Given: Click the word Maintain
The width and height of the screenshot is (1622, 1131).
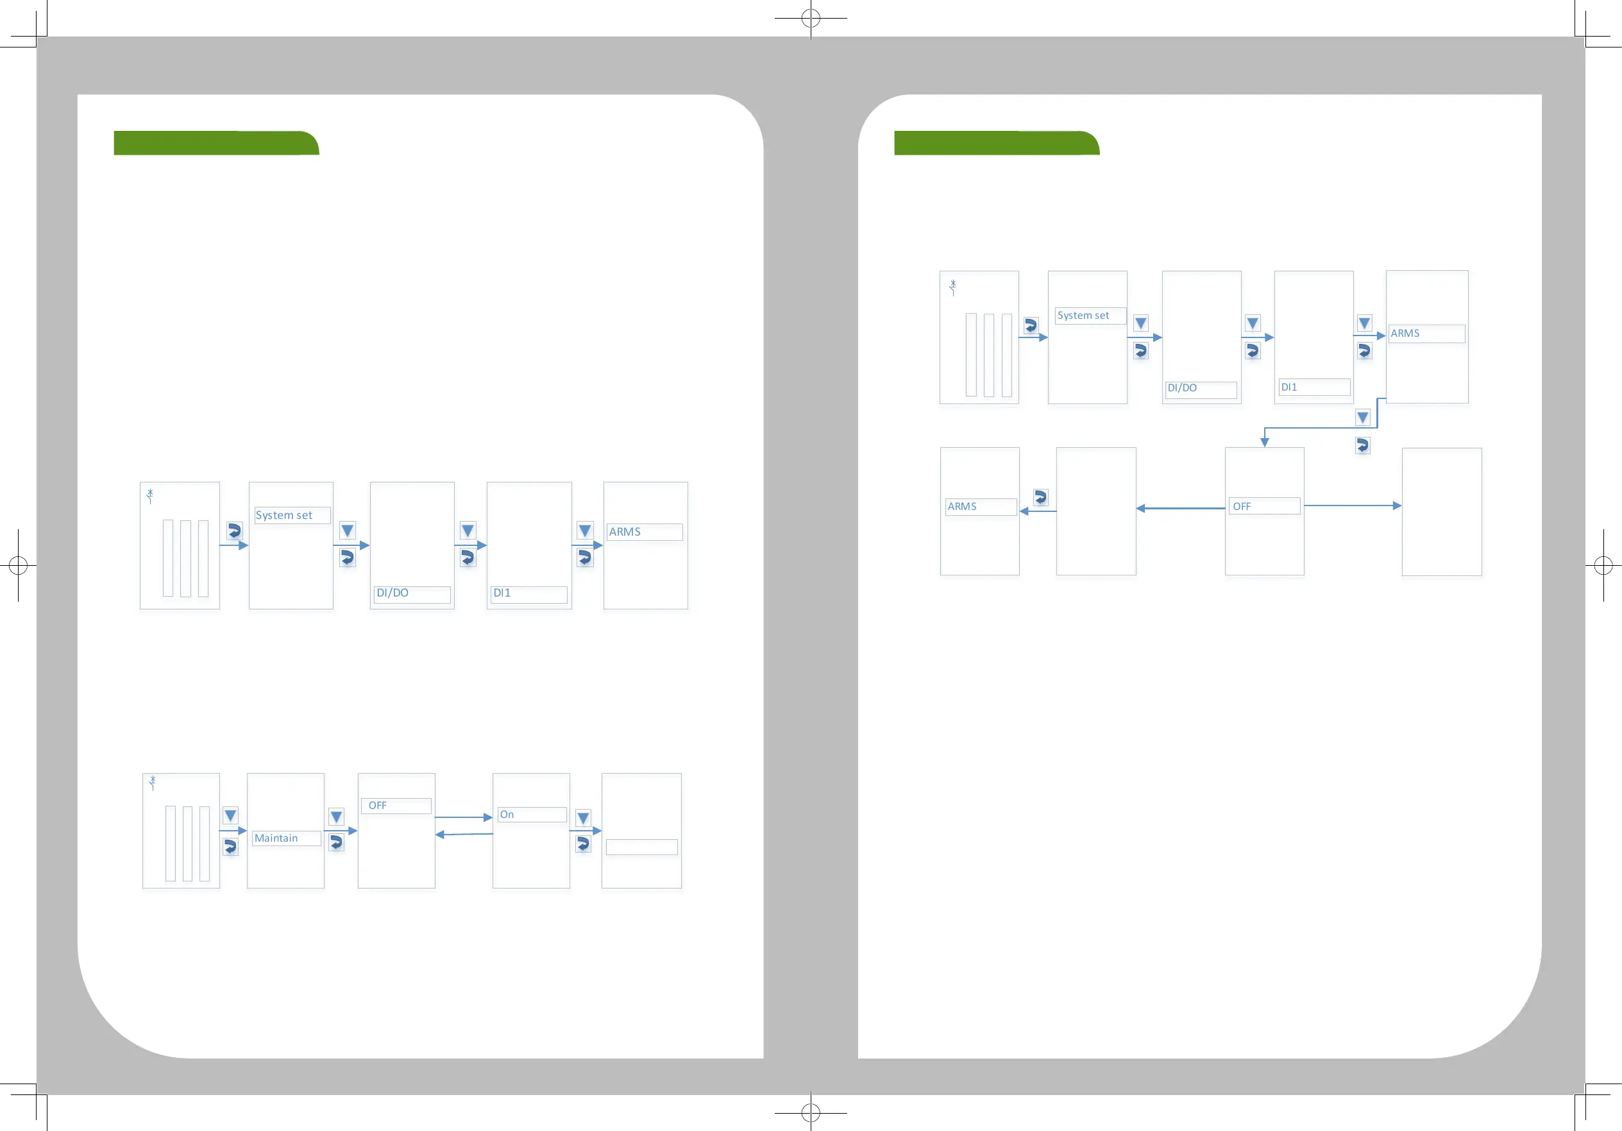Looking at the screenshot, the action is coord(276,838).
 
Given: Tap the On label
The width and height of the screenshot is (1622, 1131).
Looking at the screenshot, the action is coord(507,815).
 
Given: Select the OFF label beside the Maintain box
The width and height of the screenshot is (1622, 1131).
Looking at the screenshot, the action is coord(378,805).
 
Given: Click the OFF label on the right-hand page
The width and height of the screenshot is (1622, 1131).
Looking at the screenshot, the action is coord(1242,507).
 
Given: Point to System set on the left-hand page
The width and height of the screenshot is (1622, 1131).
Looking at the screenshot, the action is coord(284,516).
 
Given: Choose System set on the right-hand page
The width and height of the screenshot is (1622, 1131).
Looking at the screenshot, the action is coord(1083,316).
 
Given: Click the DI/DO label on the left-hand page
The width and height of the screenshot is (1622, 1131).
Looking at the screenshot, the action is coord(393,593).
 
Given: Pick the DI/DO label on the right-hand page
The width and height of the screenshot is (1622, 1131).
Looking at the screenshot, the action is coord(1183,388).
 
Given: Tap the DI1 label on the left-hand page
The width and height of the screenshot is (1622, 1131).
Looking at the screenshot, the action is coord(502,593).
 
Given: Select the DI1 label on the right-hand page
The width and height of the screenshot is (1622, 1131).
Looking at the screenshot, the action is coord(1289,387).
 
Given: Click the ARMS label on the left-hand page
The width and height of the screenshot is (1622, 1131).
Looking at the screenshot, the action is coord(625,532).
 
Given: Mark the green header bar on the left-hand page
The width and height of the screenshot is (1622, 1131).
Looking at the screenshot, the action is coord(216,142).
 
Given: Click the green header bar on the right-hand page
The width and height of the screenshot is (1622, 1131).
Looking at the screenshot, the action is coord(996,142).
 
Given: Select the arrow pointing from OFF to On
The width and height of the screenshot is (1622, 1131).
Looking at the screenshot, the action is coord(464,817).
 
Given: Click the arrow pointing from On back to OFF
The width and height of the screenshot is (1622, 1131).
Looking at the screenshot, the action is coord(464,835).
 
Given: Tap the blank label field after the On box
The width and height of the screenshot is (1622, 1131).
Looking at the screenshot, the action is coord(641,847).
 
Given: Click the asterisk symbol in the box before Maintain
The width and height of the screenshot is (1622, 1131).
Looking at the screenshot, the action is coord(153,781).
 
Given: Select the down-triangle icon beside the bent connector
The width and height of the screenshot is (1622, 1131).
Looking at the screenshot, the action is coord(1363,418).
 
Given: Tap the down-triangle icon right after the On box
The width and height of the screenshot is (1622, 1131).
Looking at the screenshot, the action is coord(583,818).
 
